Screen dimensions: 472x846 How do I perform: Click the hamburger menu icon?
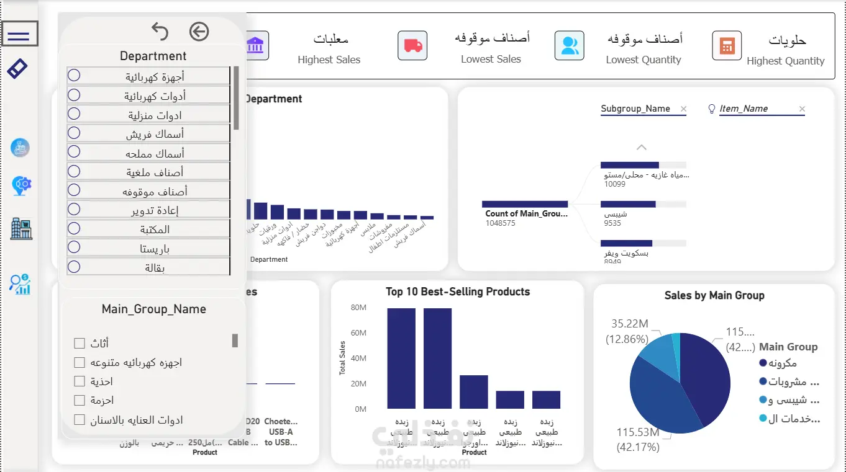tap(19, 34)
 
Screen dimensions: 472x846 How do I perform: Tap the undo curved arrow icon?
tap(160, 31)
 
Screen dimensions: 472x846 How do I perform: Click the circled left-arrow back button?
tap(199, 31)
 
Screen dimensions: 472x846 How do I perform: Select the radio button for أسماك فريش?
tap(74, 133)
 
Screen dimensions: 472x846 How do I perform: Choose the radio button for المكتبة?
tap(74, 228)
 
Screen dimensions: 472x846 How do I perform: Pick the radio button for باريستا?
tap(74, 247)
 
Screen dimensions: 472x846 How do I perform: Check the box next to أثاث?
tap(80, 343)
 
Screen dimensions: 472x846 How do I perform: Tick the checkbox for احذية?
tap(80, 381)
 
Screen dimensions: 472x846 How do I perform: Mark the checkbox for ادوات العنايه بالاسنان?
tap(80, 420)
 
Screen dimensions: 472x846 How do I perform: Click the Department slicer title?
tap(153, 56)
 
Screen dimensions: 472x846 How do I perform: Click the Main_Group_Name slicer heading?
tap(153, 309)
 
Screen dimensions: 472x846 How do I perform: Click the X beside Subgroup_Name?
tap(683, 109)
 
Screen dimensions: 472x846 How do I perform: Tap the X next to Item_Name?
tap(802, 109)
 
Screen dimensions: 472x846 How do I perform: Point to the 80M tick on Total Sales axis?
tap(359, 308)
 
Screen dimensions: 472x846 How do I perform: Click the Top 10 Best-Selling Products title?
tap(457, 292)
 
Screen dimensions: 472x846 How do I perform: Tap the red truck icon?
tap(412, 45)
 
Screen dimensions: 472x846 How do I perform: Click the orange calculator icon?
tap(727, 45)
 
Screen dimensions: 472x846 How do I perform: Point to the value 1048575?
tap(500, 223)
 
